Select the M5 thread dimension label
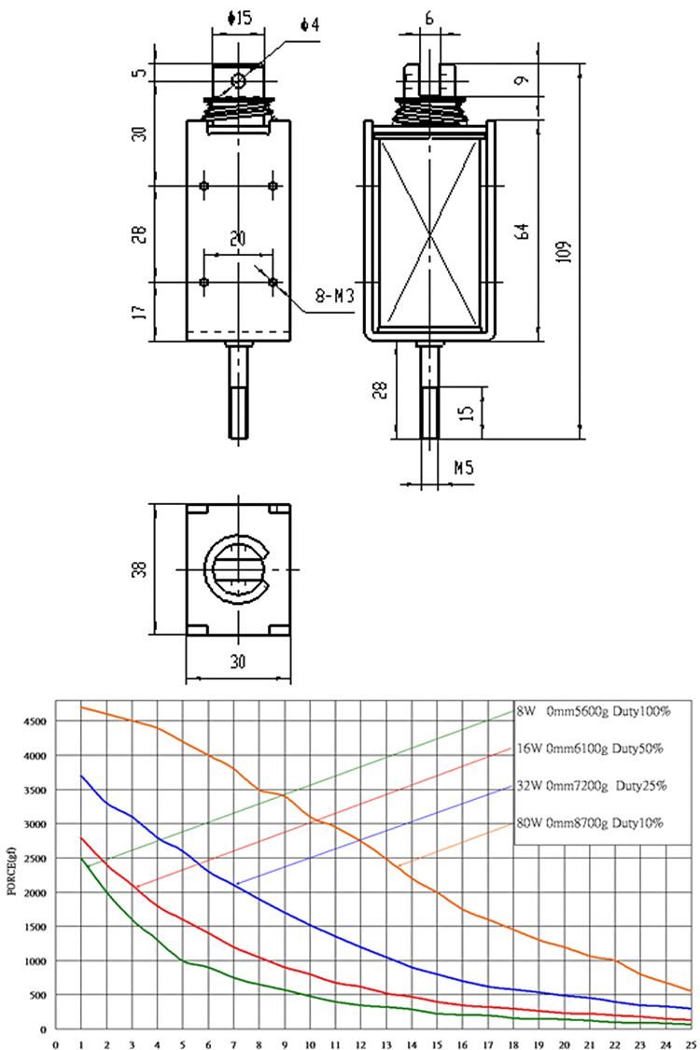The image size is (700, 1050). (x=464, y=468)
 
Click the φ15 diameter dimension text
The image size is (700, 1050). (x=239, y=18)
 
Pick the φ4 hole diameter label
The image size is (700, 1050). (x=310, y=24)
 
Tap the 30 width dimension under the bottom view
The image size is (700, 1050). (x=238, y=662)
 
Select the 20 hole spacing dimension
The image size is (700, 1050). (x=238, y=240)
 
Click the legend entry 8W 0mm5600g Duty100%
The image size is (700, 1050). (x=594, y=711)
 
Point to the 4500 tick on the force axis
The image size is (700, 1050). (x=33, y=721)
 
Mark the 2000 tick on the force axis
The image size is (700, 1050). (x=33, y=893)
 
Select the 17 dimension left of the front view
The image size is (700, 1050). (x=140, y=312)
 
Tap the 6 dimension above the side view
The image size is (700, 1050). (x=429, y=18)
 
